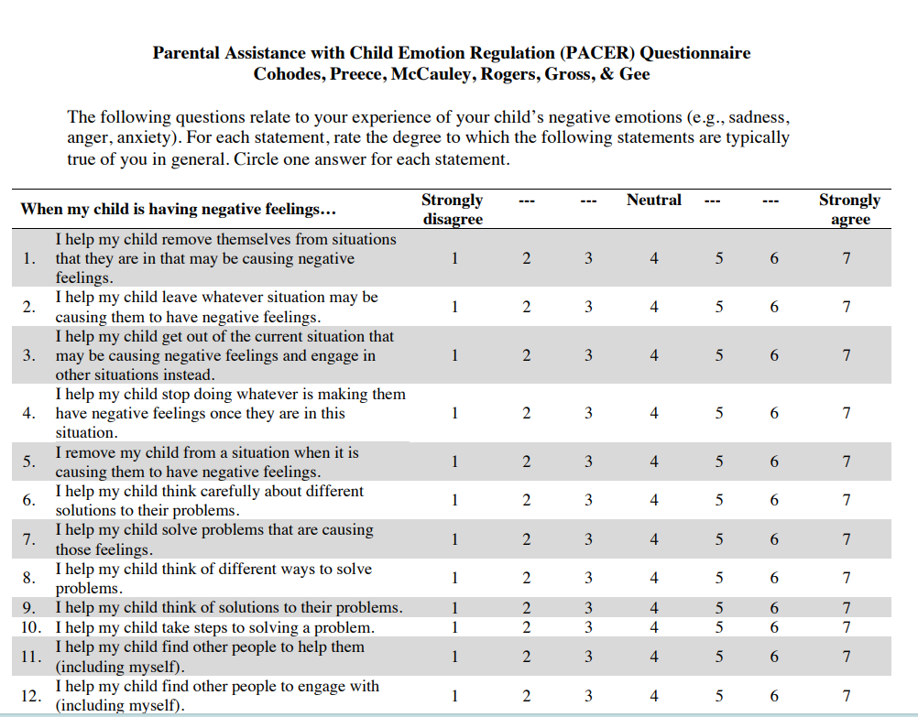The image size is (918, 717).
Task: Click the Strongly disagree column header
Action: tap(453, 209)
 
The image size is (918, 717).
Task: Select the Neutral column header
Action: tap(654, 200)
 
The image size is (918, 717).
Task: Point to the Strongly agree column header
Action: tap(849, 209)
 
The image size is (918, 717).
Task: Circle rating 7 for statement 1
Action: tap(847, 258)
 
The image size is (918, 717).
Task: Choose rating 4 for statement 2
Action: tap(654, 307)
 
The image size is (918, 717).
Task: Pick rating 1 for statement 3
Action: tap(454, 355)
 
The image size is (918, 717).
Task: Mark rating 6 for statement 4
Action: tap(774, 413)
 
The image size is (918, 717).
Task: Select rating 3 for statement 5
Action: tap(588, 462)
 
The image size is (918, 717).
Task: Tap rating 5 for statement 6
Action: tap(719, 500)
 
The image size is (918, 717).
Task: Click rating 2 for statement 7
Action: tap(526, 539)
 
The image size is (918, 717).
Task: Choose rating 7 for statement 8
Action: tap(847, 578)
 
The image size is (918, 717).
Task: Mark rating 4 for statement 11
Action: tap(654, 656)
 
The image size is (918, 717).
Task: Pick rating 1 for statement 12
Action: tap(454, 695)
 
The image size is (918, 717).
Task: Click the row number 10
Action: tap(30, 628)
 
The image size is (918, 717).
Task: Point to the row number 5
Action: tap(28, 462)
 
